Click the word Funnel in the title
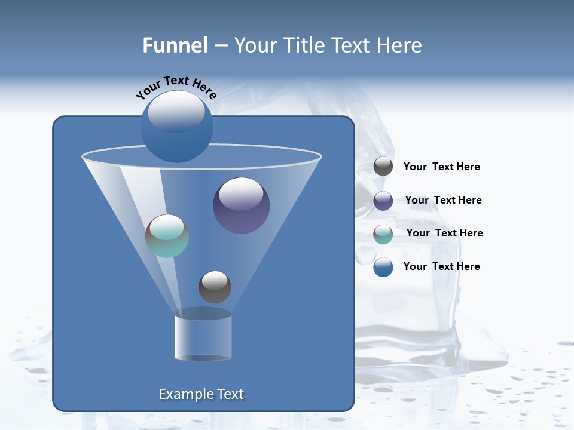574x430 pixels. [x=175, y=45]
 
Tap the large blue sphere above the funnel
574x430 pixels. [x=176, y=127]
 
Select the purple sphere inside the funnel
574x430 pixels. [x=241, y=206]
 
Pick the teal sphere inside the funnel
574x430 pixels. [x=167, y=236]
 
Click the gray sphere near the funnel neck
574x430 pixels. [x=215, y=287]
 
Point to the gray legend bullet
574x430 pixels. [x=383, y=167]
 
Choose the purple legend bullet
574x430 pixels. [x=383, y=201]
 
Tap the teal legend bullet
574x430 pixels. [x=383, y=234]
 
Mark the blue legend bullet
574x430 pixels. [x=383, y=267]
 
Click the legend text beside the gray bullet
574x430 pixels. [x=441, y=167]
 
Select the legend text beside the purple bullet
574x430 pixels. [x=443, y=200]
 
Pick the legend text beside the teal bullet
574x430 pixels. [x=444, y=233]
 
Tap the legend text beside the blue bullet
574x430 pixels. [x=441, y=266]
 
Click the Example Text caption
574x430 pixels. [x=201, y=394]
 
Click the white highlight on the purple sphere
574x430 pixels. [x=241, y=194]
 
